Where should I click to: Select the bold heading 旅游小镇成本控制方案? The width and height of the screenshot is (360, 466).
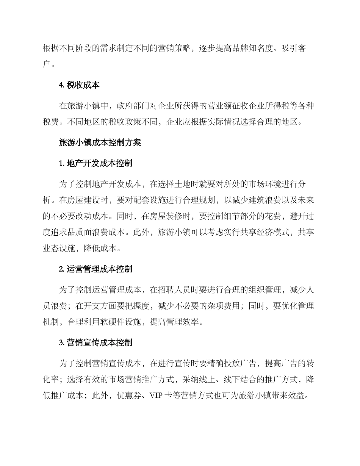pos(100,143)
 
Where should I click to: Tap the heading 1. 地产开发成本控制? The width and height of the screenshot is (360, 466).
pos(95,164)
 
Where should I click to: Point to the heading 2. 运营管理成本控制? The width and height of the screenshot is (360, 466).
pos(95,269)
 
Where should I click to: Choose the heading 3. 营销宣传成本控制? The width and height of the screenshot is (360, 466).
pos(95,343)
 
